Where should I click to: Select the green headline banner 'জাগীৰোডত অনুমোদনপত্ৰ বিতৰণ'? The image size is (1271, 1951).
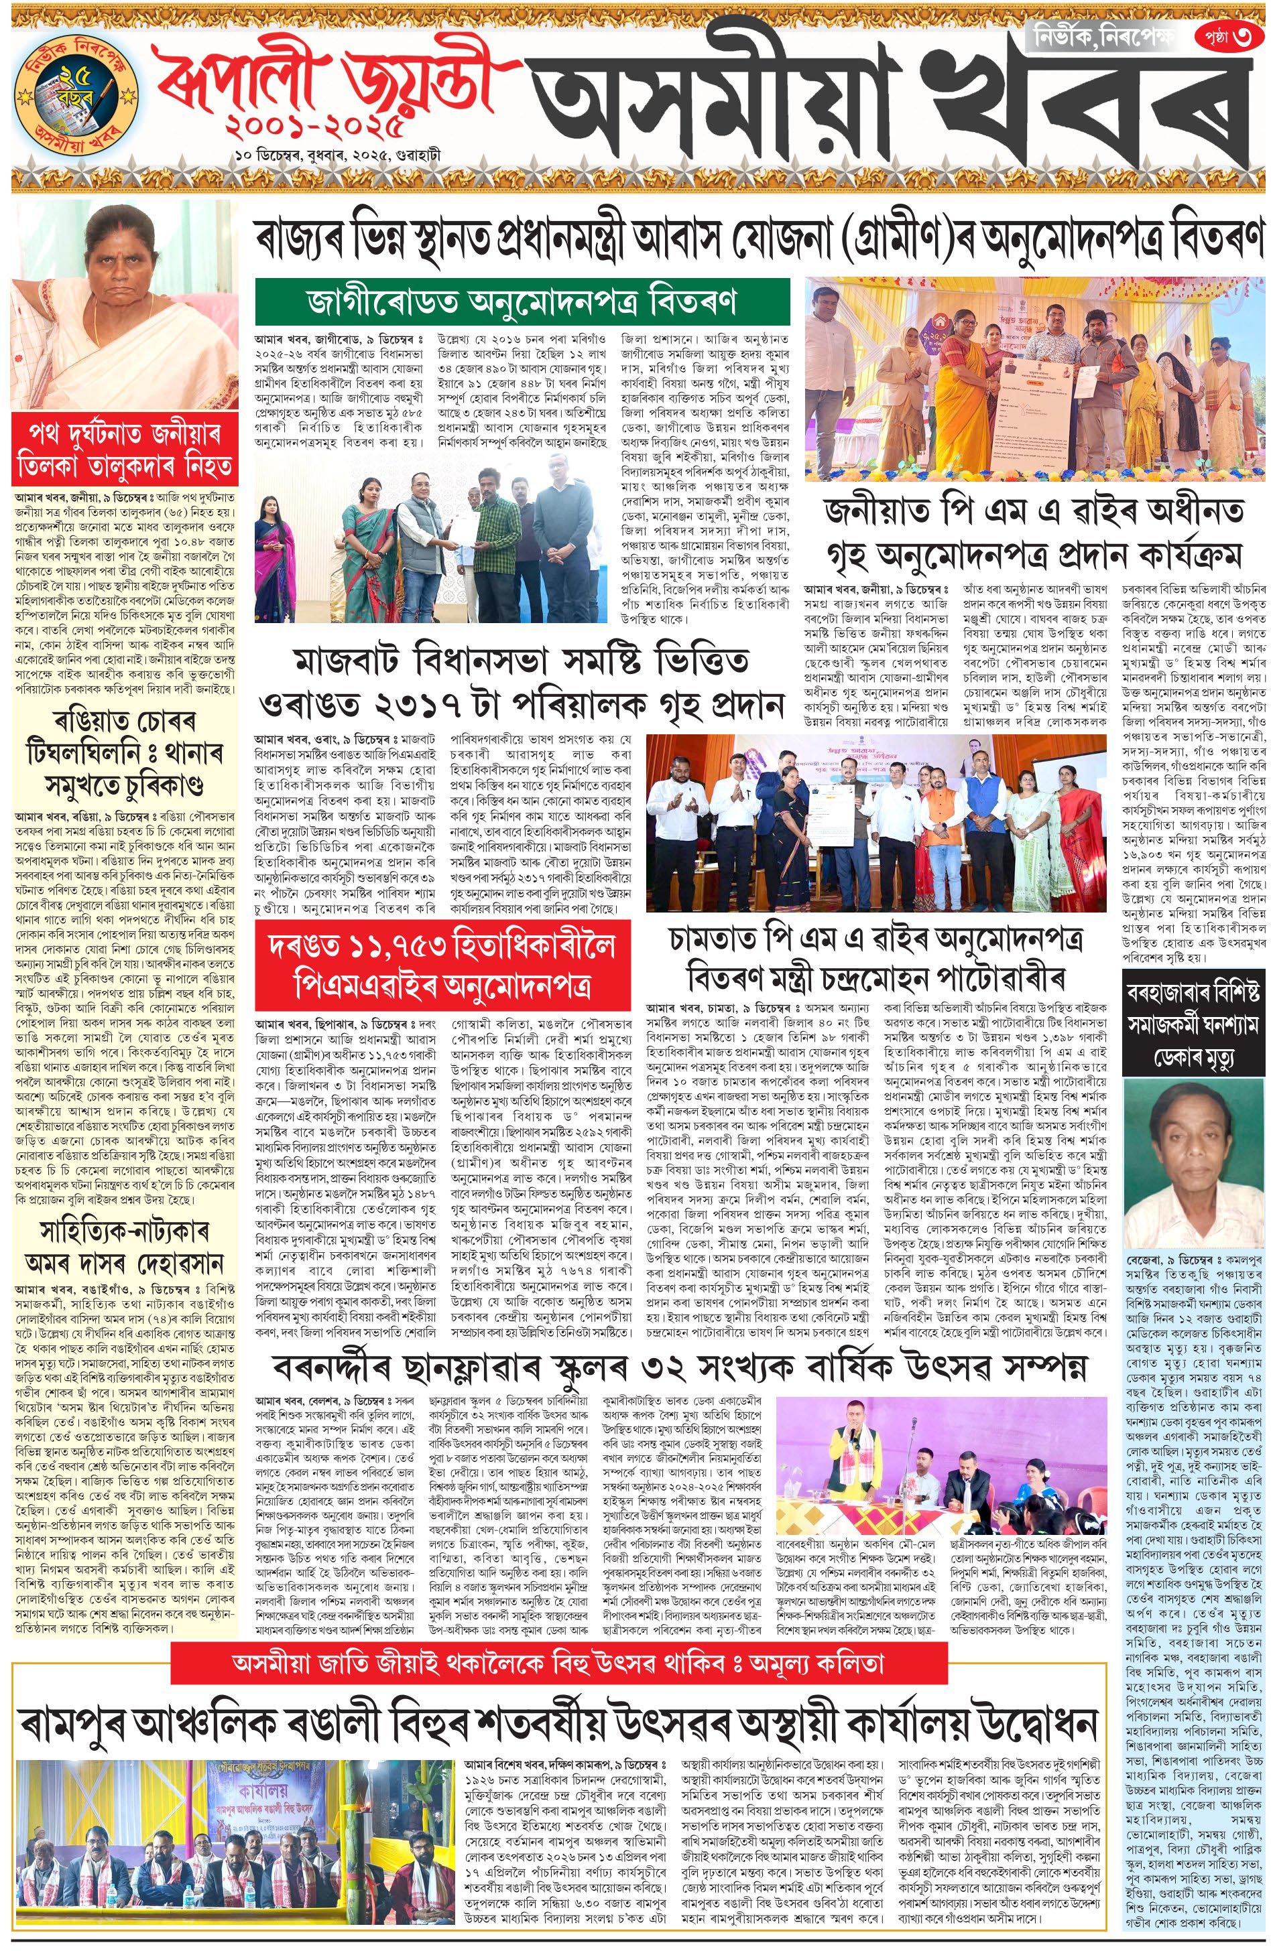pos(522,301)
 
